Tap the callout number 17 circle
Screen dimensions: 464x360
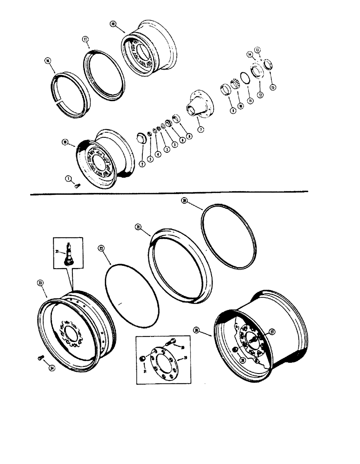(x=85, y=40)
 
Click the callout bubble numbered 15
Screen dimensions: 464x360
(x=272, y=87)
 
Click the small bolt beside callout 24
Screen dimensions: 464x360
(x=40, y=357)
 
